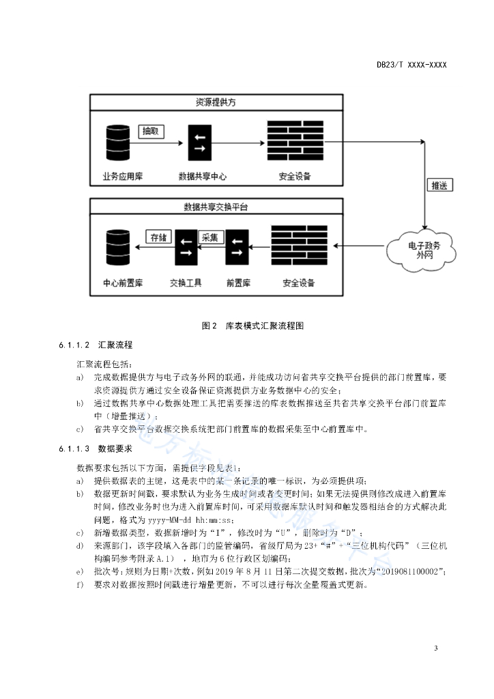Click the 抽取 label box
click(x=151, y=131)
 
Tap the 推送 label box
click(x=439, y=186)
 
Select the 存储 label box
click(x=158, y=237)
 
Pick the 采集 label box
click(x=210, y=237)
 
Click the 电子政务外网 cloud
click(x=422, y=250)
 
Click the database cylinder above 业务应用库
click(x=118, y=143)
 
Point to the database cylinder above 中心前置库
click(x=118, y=247)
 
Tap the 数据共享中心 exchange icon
click(x=200, y=143)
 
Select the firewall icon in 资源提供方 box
click(x=295, y=141)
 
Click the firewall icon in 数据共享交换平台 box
click(x=300, y=245)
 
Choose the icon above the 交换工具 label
click(x=186, y=247)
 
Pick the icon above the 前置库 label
click(x=237, y=247)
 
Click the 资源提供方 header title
click(x=216, y=102)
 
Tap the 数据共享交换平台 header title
click(x=216, y=207)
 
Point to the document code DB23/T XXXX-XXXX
click(x=411, y=65)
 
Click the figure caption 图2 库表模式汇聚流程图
click(x=253, y=326)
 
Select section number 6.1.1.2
click(x=74, y=345)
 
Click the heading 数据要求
click(x=115, y=448)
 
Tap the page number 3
click(x=435, y=648)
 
